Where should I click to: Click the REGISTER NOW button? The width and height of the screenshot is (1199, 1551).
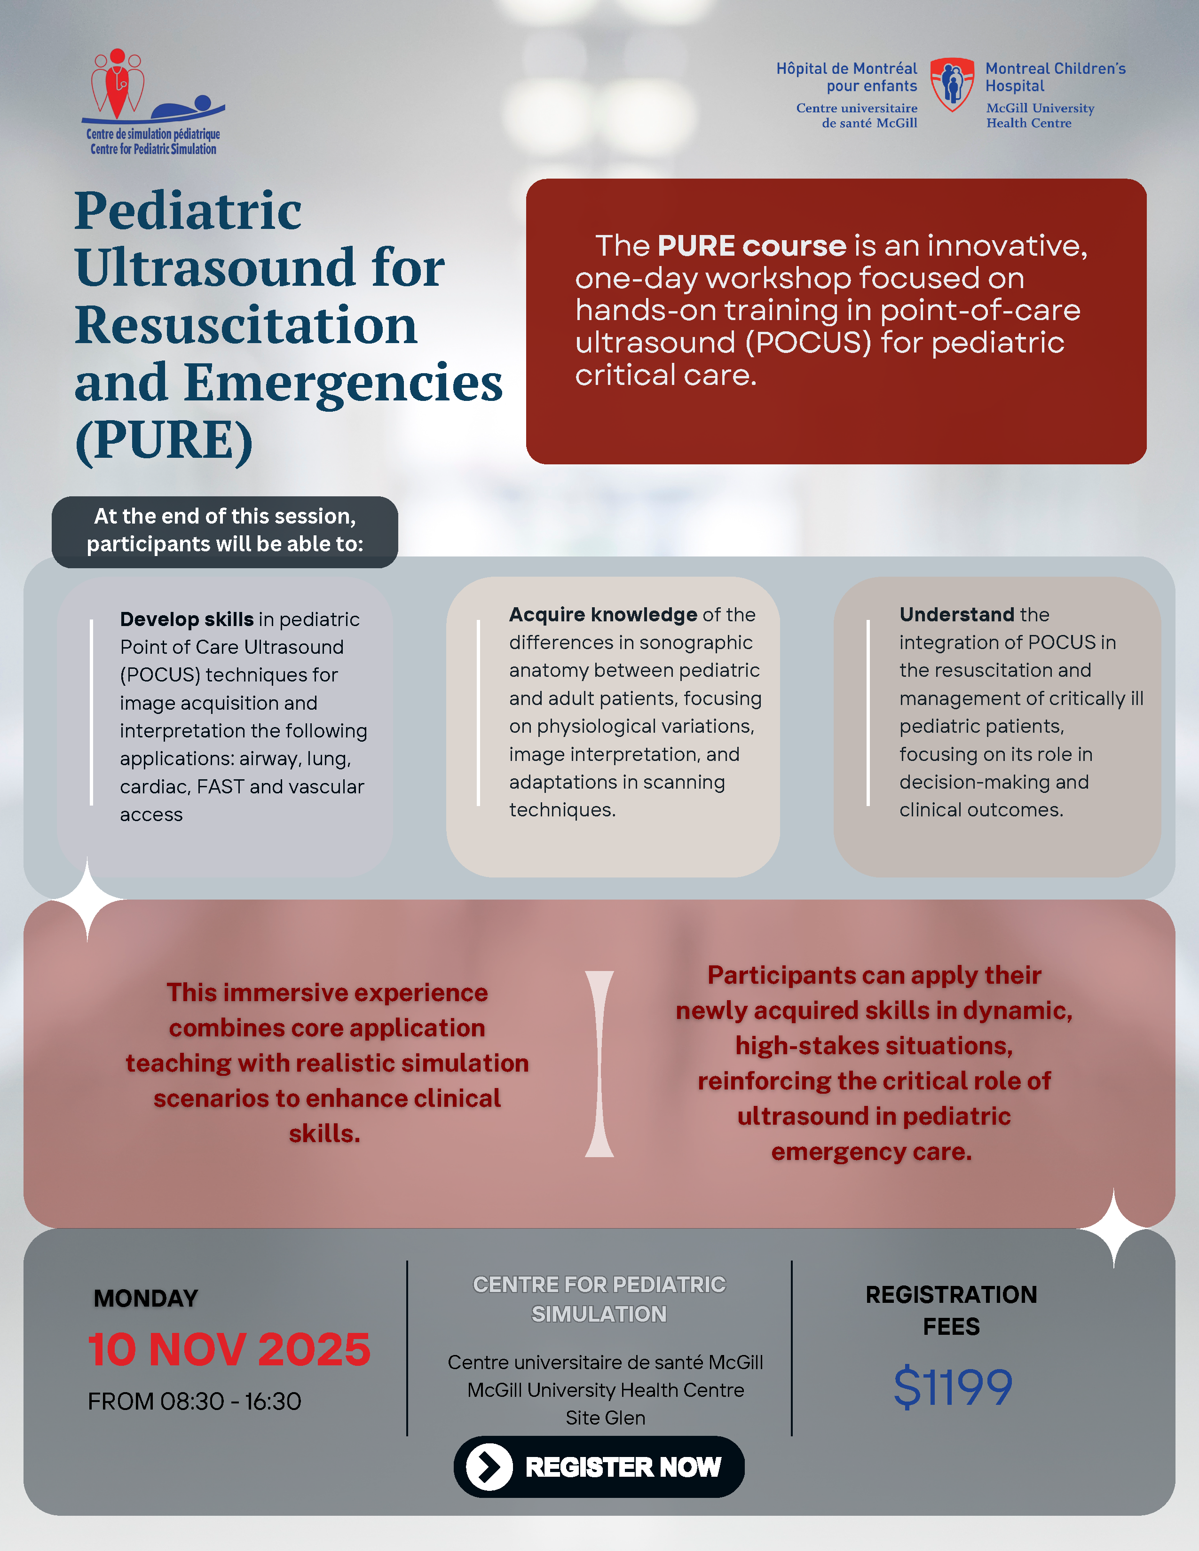[599, 1466]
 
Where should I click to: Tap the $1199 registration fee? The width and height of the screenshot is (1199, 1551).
[952, 1387]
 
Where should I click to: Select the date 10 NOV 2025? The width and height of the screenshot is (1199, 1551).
[229, 1349]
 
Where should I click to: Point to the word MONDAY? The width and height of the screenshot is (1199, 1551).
[146, 1298]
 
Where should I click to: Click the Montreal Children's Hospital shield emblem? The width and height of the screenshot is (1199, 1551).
[952, 85]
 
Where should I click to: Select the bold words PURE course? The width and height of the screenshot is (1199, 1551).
[751, 246]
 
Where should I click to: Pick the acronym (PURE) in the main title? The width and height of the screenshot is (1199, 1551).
[163, 440]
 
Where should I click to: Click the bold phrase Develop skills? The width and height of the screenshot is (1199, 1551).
[186, 619]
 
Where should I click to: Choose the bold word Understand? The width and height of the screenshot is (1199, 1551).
[956, 614]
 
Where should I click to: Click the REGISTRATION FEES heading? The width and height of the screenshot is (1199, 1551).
[951, 1310]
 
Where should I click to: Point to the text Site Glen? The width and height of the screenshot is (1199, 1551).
[605, 1418]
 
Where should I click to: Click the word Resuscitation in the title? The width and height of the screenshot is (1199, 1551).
[246, 325]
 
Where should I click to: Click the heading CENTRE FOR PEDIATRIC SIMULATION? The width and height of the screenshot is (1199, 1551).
[599, 1299]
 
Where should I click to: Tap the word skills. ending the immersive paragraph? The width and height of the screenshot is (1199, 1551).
[324, 1134]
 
